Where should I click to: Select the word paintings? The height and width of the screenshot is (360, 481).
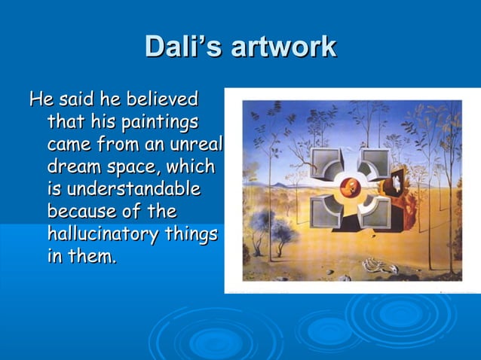(159, 121)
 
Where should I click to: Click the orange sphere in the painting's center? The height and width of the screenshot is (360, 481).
(349, 185)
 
